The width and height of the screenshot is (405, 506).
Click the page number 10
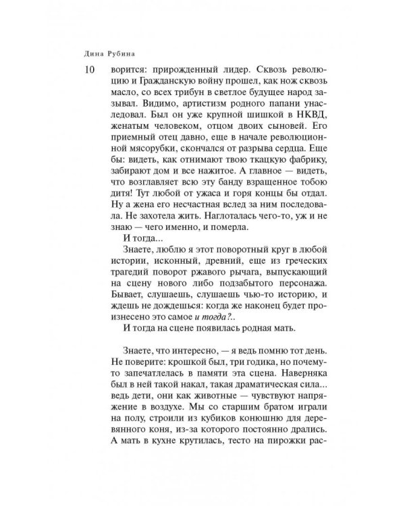point(84,69)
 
